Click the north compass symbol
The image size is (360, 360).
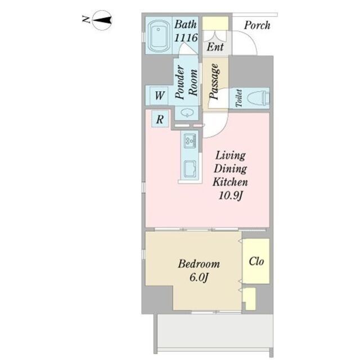[102, 20]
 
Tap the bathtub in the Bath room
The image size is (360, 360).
[159, 35]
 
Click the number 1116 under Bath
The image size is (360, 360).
[186, 38]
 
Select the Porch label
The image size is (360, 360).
[257, 25]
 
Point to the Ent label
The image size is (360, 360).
[215, 47]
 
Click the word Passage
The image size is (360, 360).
[214, 81]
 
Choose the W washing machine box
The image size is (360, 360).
[159, 95]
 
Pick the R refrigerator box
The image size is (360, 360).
[160, 119]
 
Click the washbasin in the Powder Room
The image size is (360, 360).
[187, 112]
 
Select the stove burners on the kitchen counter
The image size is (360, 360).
[190, 141]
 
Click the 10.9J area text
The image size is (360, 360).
[230, 196]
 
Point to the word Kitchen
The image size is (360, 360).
[230, 182]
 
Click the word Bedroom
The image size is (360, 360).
[199, 264]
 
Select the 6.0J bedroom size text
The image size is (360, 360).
[199, 277]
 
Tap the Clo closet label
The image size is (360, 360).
[256, 261]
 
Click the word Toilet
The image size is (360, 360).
[239, 98]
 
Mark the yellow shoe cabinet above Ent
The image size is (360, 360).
[215, 23]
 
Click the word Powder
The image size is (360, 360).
[179, 82]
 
